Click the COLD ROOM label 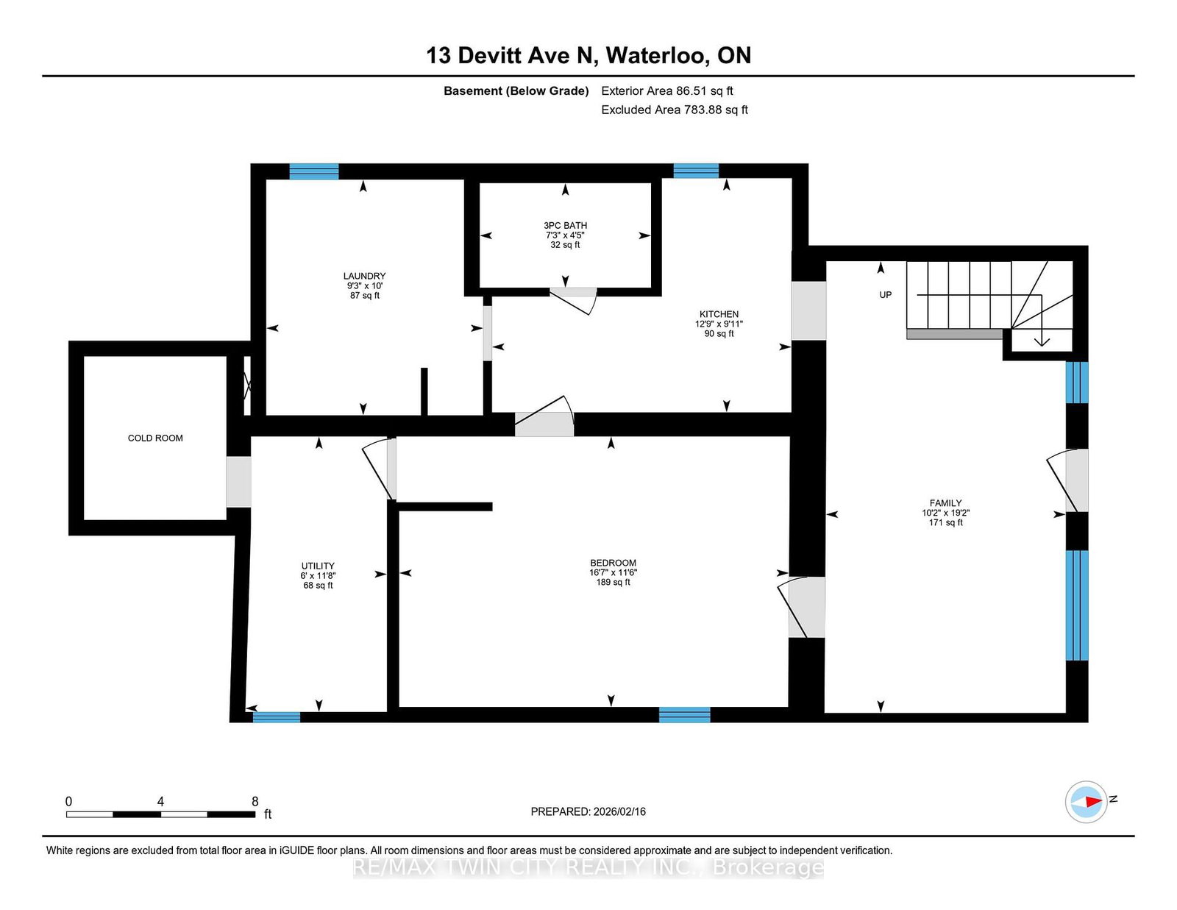point(155,438)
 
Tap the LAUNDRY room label point(364,276)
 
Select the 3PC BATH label point(565,225)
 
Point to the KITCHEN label point(719,314)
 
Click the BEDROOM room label point(614,563)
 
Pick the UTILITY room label point(318,566)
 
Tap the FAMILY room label point(946,503)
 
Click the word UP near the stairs point(885,295)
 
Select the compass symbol point(1086,802)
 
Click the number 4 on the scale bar point(160,802)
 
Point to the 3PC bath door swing point(574,301)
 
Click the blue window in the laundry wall point(313,171)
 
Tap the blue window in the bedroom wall point(684,714)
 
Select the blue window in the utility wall point(277,717)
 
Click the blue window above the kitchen point(696,171)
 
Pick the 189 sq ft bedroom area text point(614,583)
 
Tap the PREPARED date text point(588,811)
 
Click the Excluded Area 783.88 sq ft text point(675,110)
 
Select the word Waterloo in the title point(657,55)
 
